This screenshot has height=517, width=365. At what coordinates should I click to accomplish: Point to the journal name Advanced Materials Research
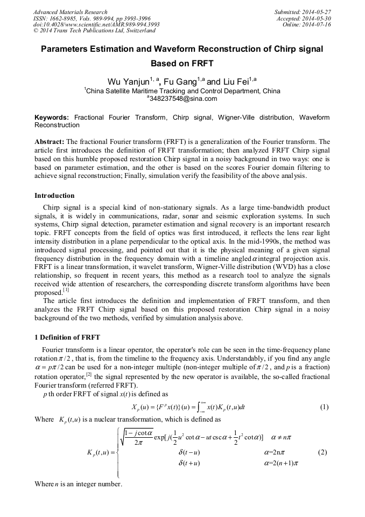[70, 12]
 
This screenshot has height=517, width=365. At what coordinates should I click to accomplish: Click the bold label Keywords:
[52, 117]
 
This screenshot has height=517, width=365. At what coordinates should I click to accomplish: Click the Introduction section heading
[54, 195]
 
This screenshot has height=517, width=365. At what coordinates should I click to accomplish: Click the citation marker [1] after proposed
[67, 291]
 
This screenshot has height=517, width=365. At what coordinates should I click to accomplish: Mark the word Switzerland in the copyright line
[136, 31]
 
